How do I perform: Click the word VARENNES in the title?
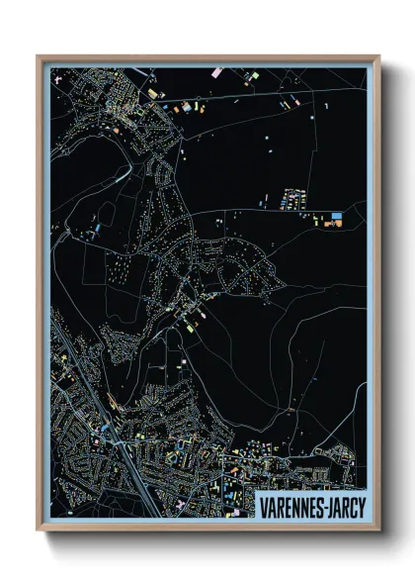click(290, 507)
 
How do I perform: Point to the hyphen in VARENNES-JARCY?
click(321, 508)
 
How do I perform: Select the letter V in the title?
click(263, 507)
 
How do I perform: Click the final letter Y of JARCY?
click(362, 507)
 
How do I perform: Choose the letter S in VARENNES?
click(315, 507)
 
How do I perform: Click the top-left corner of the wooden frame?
click(39, 56)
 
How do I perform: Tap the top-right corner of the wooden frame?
click(378, 56)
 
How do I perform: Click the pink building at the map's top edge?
click(216, 72)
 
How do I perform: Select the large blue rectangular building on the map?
click(337, 216)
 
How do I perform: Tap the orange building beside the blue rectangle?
click(337, 224)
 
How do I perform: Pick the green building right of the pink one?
click(254, 75)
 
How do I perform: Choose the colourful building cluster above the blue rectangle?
click(292, 198)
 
